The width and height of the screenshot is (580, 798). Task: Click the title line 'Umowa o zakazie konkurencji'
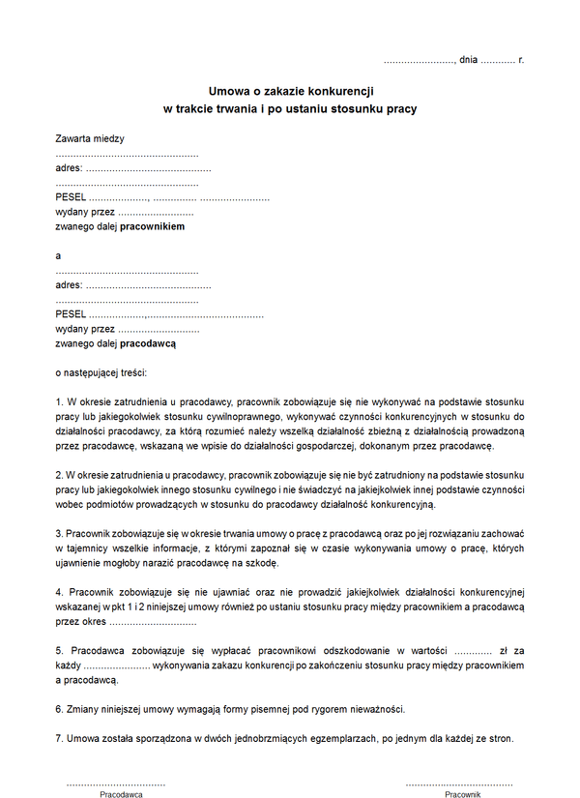(290, 90)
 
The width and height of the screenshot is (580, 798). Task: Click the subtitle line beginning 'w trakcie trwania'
(290, 108)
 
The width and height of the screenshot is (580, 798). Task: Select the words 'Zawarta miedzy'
(90, 138)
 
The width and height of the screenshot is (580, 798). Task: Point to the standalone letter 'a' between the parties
(59, 255)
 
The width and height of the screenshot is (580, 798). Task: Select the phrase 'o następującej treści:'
(101, 371)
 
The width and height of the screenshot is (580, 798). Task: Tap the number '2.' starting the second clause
(60, 475)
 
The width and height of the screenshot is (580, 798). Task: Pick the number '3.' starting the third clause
(60, 533)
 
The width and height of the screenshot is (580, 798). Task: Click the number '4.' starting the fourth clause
(60, 591)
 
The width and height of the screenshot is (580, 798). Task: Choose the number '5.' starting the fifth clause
(60, 651)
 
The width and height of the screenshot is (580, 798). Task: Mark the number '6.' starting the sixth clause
(60, 709)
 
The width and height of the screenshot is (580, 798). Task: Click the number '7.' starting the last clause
(60, 739)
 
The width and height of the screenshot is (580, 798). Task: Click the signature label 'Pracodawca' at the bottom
(121, 794)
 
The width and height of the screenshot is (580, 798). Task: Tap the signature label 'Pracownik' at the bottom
(462, 794)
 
